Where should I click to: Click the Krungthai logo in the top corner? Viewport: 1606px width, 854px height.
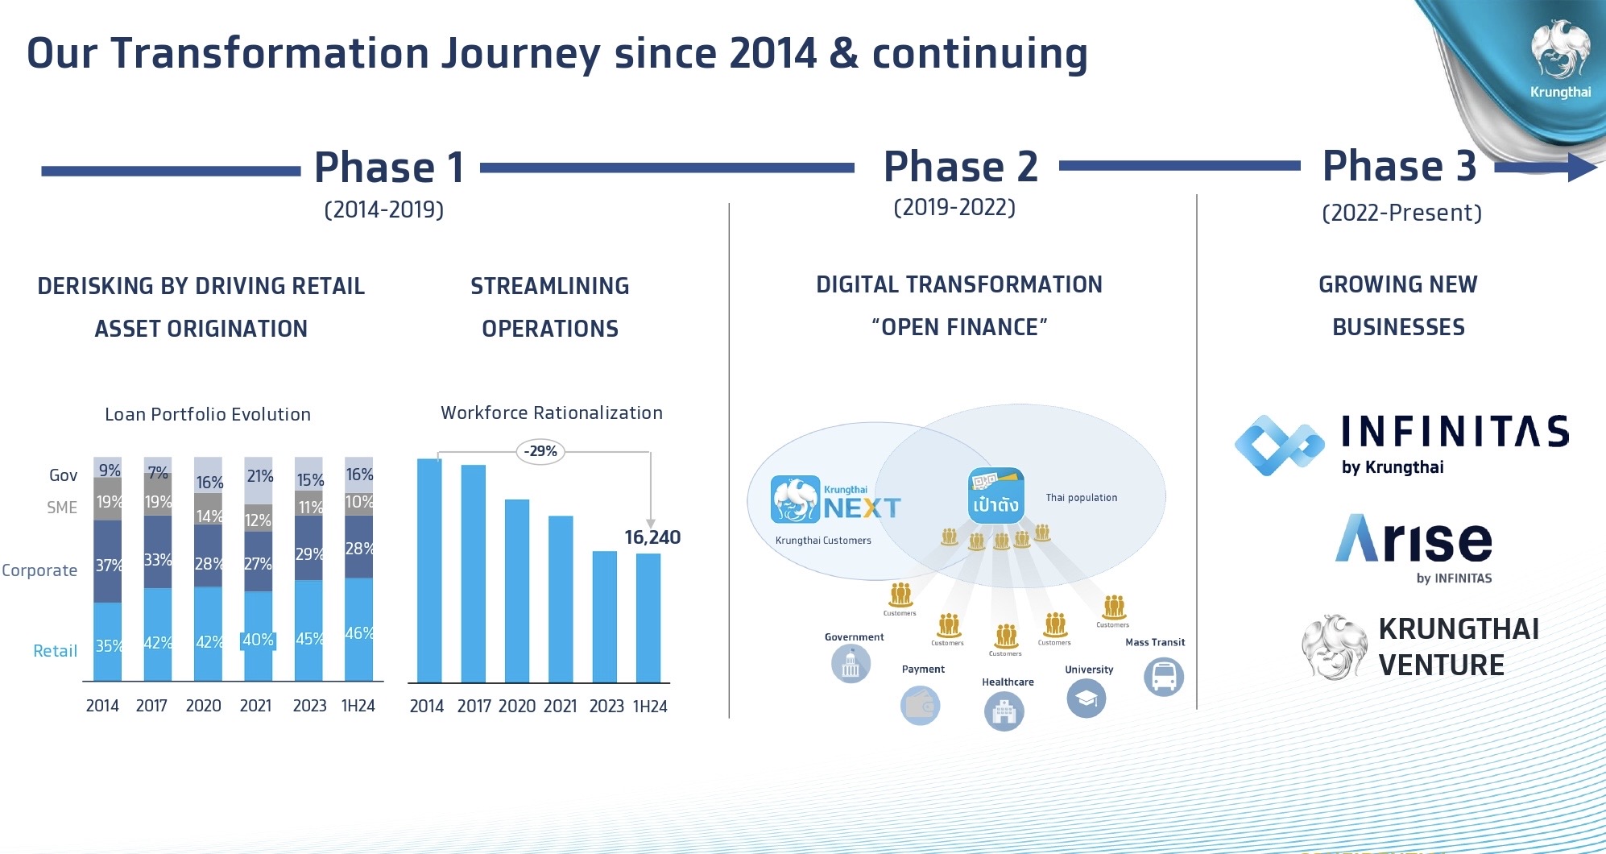(1560, 56)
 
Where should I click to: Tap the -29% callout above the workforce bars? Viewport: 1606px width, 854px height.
(540, 451)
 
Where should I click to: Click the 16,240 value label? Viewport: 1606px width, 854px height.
(652, 537)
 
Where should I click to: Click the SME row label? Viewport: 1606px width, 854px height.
(62, 508)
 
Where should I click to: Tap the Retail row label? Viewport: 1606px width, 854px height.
(55, 651)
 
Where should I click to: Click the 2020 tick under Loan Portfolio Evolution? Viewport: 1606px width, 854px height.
(203, 706)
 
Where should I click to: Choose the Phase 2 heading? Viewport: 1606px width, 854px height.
(960, 167)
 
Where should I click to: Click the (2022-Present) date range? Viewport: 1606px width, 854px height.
(1401, 213)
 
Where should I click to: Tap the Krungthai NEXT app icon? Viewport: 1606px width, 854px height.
(795, 500)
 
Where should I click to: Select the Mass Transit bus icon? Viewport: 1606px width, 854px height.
(1164, 677)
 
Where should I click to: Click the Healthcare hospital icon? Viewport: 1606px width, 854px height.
(1004, 712)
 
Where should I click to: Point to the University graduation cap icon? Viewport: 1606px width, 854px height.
(1087, 699)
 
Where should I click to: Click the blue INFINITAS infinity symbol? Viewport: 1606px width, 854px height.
(1279, 445)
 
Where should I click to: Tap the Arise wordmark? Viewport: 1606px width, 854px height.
(1414, 539)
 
